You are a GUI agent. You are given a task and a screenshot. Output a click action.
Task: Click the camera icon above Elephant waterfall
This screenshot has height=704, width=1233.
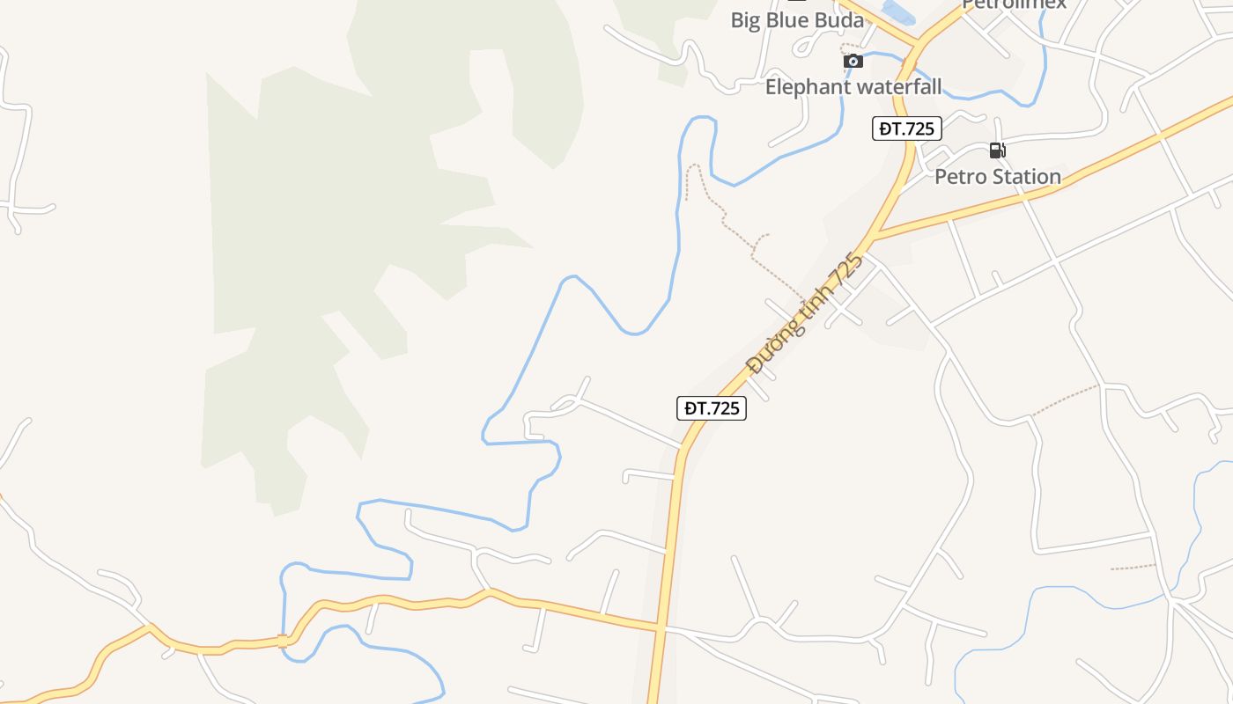tap(853, 61)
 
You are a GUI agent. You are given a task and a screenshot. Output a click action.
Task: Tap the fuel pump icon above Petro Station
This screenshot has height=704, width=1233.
tap(997, 150)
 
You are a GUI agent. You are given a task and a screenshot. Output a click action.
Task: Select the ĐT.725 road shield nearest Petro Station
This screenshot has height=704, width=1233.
tap(907, 128)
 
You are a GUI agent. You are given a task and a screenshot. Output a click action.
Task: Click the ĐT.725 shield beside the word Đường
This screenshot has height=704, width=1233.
tap(712, 408)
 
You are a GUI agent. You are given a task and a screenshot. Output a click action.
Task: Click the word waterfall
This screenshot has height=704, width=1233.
tap(899, 87)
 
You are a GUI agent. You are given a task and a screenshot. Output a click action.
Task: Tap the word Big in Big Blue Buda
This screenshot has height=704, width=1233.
tap(745, 20)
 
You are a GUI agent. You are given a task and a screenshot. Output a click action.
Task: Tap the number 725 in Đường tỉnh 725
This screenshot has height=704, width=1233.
tap(846, 269)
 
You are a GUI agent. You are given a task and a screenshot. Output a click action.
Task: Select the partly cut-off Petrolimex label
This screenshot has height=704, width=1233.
tap(1013, 4)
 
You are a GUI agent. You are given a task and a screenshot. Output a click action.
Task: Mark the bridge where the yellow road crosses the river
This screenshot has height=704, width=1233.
tap(284, 641)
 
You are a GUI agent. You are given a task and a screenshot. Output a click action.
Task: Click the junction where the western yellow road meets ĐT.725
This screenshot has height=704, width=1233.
tap(659, 628)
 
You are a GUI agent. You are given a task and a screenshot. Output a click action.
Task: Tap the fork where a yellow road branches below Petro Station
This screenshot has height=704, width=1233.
tap(872, 238)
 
